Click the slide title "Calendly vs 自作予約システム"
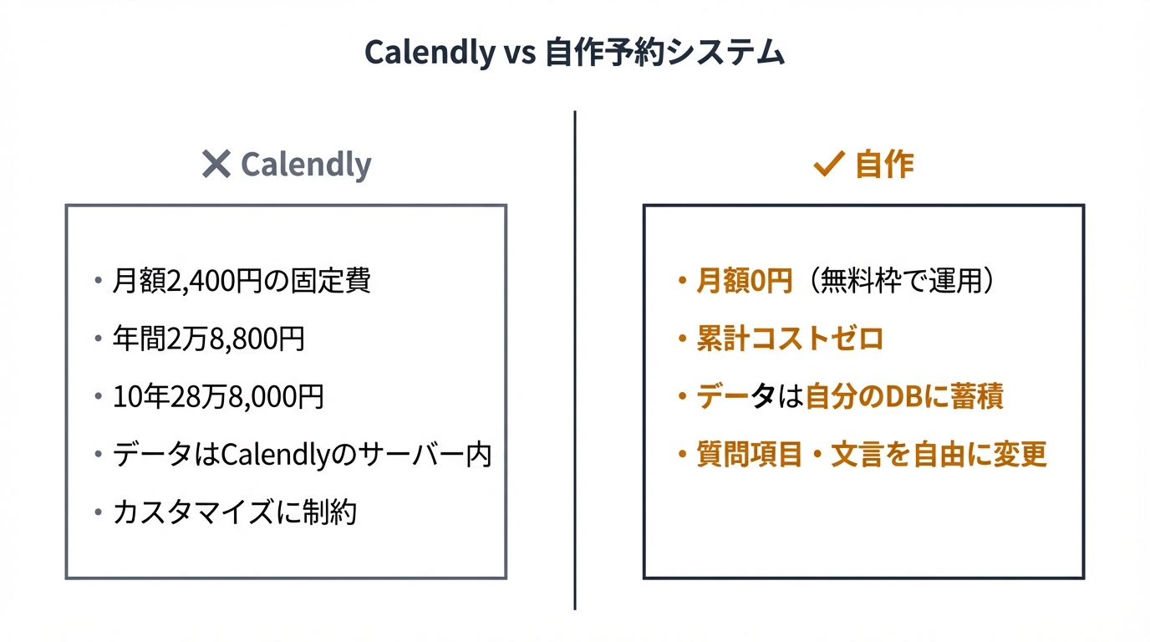click(x=574, y=53)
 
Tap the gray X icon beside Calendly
click(x=216, y=165)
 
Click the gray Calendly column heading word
click(x=306, y=165)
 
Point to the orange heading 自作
click(x=884, y=165)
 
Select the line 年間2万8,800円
click(x=209, y=339)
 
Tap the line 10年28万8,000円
click(x=218, y=397)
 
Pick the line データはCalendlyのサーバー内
click(x=302, y=455)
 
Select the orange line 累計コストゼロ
click(x=790, y=339)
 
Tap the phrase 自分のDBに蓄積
click(x=903, y=397)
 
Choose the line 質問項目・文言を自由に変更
click(x=872, y=455)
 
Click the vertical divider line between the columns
click(x=575, y=359)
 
